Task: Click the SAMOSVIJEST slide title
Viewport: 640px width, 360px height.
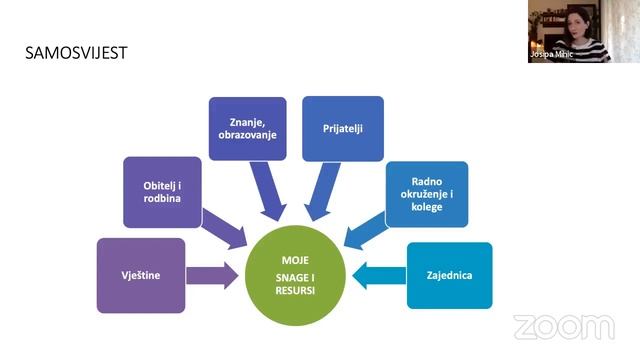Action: [x=76, y=53]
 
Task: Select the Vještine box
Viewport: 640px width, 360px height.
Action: [x=141, y=276]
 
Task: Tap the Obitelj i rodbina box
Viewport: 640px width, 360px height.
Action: [x=162, y=192]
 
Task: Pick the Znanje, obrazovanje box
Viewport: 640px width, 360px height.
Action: [x=247, y=129]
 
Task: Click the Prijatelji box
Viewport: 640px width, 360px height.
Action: [x=343, y=129]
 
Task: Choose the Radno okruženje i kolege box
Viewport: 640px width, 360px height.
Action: [x=427, y=194]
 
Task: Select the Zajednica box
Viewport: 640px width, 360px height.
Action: [x=449, y=276]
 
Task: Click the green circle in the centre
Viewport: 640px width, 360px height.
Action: [x=295, y=276]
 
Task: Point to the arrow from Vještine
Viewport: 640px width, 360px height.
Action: [x=212, y=276]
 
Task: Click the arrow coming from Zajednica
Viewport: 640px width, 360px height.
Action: [x=379, y=276]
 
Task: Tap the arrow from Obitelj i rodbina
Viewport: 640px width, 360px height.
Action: [x=224, y=230]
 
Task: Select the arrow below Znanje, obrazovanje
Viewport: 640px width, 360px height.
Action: [x=268, y=191]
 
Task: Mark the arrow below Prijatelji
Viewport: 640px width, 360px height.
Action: [x=323, y=191]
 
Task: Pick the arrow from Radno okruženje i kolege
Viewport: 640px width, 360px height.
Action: [x=366, y=231]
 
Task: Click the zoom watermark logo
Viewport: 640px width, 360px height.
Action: [x=564, y=327]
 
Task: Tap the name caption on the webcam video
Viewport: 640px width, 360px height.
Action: [x=551, y=54]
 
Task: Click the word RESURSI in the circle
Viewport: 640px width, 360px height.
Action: [x=295, y=291]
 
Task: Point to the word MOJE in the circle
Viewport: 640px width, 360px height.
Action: [x=295, y=260]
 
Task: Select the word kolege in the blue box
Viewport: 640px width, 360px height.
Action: [x=427, y=207]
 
